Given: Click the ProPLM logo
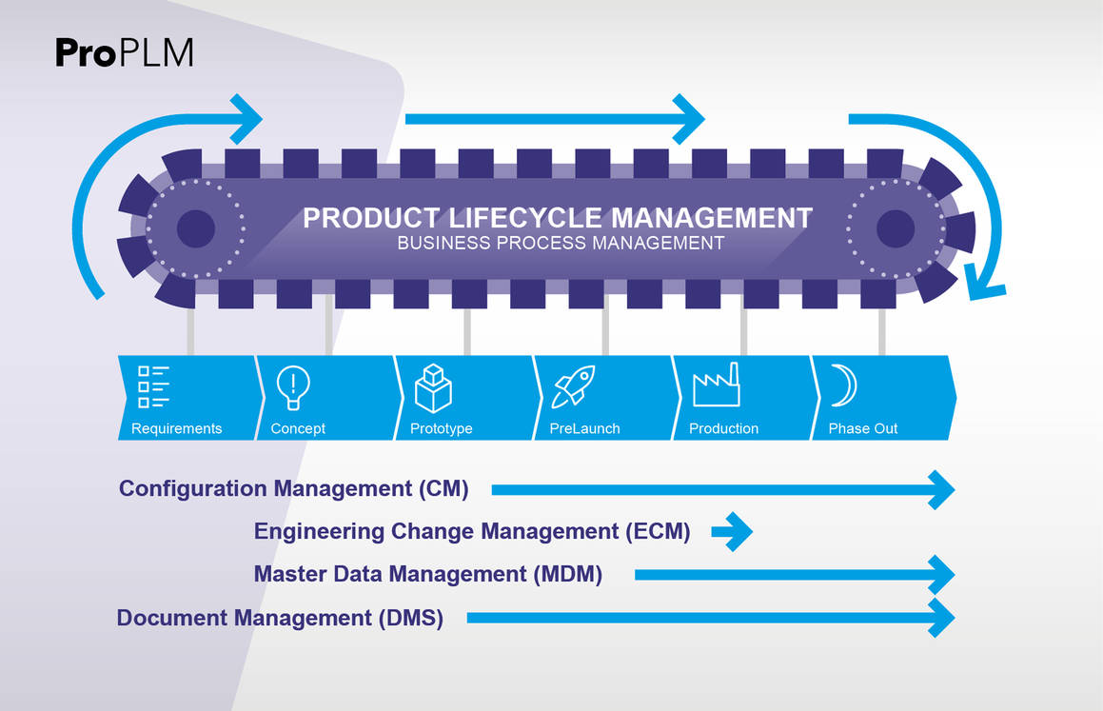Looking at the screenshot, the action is (125, 52).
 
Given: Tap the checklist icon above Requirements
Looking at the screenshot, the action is (153, 386).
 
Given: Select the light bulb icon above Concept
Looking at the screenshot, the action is (292, 386).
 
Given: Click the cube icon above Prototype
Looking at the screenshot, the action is (433, 387).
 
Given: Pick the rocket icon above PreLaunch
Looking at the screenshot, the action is (573, 386).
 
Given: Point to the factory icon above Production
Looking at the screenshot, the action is (716, 385).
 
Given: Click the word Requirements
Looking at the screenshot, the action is (177, 428).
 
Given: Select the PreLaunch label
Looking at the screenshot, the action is (584, 428).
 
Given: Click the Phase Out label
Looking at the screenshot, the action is (863, 428).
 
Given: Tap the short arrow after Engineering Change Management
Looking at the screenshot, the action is (732, 532).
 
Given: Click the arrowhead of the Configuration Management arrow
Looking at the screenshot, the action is (942, 489).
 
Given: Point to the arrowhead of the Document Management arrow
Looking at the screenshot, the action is (942, 618).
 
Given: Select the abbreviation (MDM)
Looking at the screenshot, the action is (568, 574).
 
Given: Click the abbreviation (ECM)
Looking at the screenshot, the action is (658, 531).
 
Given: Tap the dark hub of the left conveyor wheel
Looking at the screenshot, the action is (195, 228).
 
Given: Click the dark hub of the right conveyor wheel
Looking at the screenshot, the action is (896, 228).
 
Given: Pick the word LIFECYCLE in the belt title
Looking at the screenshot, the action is (524, 218).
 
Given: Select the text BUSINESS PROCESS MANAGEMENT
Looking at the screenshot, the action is (561, 244).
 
